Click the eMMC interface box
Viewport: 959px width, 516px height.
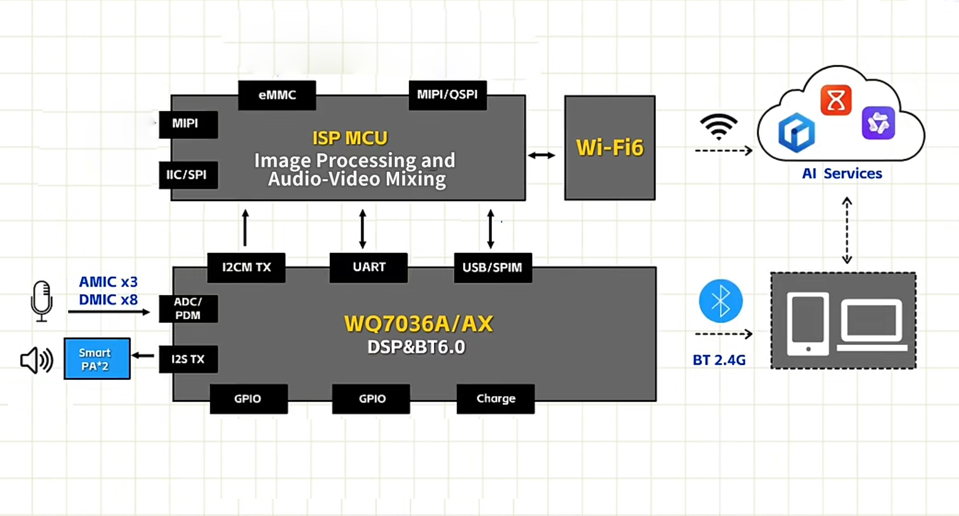[277, 95]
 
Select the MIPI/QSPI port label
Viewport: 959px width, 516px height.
[448, 95]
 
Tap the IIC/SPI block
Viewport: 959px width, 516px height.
[188, 175]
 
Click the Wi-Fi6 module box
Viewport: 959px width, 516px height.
[610, 148]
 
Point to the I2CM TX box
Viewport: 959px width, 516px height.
[246, 268]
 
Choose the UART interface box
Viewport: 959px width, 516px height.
[368, 268]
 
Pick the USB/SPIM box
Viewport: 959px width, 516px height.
[492, 268]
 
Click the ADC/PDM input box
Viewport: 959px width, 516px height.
[188, 309]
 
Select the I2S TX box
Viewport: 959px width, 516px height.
[188, 360]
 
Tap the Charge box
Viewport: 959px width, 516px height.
[495, 399]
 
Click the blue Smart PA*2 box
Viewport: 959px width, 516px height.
[97, 359]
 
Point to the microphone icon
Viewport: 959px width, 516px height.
[42, 301]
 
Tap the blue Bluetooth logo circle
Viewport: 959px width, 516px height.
[721, 301]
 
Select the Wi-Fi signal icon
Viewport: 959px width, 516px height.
[718, 126]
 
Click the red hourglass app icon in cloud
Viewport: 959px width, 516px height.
[836, 101]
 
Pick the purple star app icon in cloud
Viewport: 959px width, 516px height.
[878, 123]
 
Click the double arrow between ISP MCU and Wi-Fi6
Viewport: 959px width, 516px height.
[542, 155]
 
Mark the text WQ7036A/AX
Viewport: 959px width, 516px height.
[419, 323]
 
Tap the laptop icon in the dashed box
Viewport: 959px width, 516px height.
[872, 324]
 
